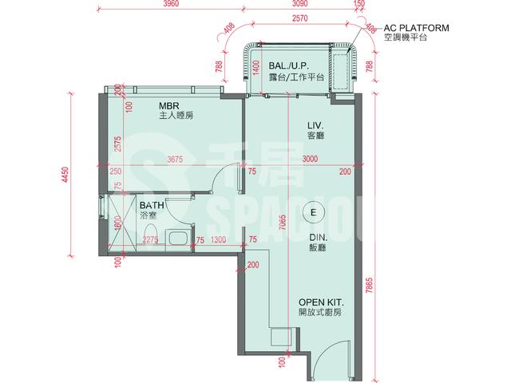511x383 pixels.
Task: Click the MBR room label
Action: pyautogui.click(x=169, y=106)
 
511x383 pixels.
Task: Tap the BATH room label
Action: pyautogui.click(x=152, y=206)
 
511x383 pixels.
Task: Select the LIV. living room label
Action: pyautogui.click(x=316, y=125)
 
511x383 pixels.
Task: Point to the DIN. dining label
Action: pyautogui.click(x=319, y=238)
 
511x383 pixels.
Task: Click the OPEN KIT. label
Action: pyautogui.click(x=321, y=302)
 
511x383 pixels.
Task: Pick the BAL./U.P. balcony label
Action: pyautogui.click(x=289, y=65)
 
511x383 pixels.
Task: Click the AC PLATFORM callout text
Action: pyautogui.click(x=416, y=28)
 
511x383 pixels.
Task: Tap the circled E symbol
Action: pyautogui.click(x=314, y=213)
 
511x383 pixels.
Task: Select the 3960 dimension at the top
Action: pyautogui.click(x=171, y=4)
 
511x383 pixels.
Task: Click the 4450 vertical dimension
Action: pyautogui.click(x=65, y=175)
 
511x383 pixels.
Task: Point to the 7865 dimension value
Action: pyautogui.click(x=369, y=286)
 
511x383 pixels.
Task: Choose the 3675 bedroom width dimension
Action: pyautogui.click(x=175, y=160)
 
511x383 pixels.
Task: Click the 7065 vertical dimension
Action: pyautogui.click(x=283, y=223)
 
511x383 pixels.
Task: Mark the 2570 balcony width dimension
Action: pyautogui.click(x=299, y=18)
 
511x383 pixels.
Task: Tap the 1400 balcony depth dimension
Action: pyautogui.click(x=256, y=67)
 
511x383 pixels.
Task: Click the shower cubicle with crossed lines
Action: pyautogui.click(x=122, y=223)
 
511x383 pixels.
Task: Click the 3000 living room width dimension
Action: pyautogui.click(x=310, y=159)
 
